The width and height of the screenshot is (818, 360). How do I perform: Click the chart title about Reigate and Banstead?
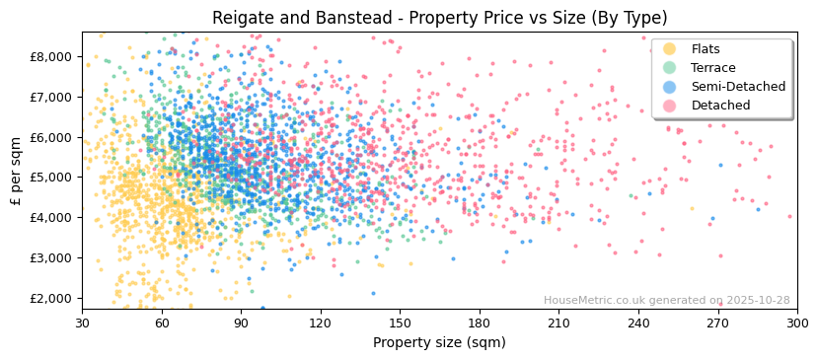(x=439, y=18)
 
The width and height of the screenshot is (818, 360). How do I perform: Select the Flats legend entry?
(x=706, y=49)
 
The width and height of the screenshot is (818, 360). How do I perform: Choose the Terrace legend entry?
(x=712, y=68)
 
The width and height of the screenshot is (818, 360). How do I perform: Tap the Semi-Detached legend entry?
(x=738, y=87)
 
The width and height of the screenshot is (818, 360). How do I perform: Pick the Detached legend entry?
(x=720, y=106)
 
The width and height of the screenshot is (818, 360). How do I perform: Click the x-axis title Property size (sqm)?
(x=439, y=343)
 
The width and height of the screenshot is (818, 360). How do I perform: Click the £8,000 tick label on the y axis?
(x=51, y=56)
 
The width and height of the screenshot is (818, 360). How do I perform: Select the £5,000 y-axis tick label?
(x=51, y=178)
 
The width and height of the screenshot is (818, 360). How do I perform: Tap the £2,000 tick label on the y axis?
(x=51, y=298)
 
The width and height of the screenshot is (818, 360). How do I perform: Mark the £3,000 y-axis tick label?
(x=51, y=257)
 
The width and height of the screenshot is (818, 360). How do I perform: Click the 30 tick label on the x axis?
(x=83, y=323)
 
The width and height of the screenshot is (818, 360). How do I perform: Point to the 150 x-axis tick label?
(x=400, y=323)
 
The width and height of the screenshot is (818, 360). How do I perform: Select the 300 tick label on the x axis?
(x=797, y=323)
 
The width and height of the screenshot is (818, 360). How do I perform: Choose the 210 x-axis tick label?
(x=558, y=323)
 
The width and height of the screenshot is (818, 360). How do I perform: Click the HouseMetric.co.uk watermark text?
(x=666, y=301)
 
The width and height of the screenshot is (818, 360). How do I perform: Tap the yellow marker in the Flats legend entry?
(x=670, y=49)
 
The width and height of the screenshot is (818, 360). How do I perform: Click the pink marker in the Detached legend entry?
(x=670, y=106)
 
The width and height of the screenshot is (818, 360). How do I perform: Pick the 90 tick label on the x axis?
(x=241, y=323)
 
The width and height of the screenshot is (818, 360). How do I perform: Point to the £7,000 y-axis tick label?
(x=51, y=97)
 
